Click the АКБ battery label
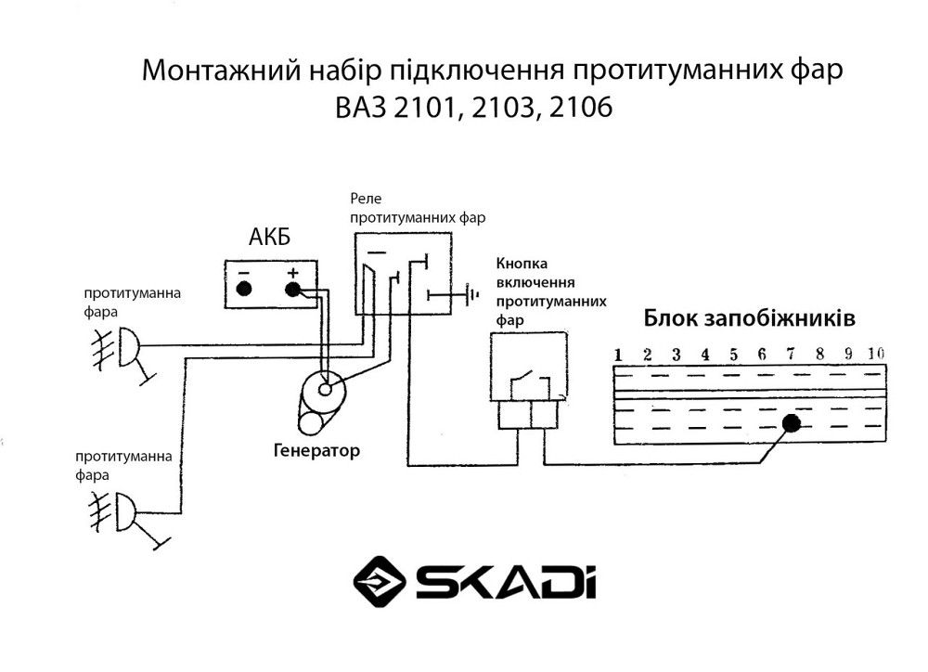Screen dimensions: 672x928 pyautogui.click(x=269, y=237)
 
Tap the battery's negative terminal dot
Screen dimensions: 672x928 pyautogui.click(x=244, y=289)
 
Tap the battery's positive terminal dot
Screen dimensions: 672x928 pyautogui.click(x=293, y=289)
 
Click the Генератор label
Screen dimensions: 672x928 pyautogui.click(x=316, y=451)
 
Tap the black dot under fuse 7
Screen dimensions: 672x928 pyautogui.click(x=792, y=424)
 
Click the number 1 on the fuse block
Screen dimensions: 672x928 pyautogui.click(x=616, y=355)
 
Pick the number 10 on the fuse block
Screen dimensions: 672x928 pyautogui.click(x=874, y=354)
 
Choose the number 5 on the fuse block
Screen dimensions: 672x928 pyautogui.click(x=733, y=355)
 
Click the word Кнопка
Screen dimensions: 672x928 pyautogui.click(x=522, y=263)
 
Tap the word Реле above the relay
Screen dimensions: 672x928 pyautogui.click(x=365, y=200)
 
